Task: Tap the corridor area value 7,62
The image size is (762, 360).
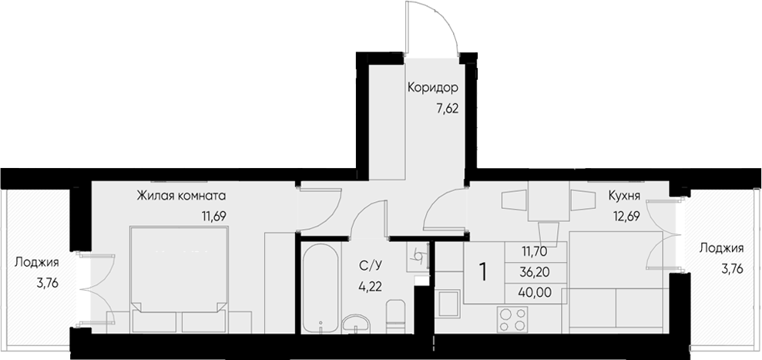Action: click(448, 108)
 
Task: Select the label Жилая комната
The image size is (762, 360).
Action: click(181, 195)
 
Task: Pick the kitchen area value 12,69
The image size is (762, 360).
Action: click(627, 216)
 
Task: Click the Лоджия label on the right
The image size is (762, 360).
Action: click(721, 247)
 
